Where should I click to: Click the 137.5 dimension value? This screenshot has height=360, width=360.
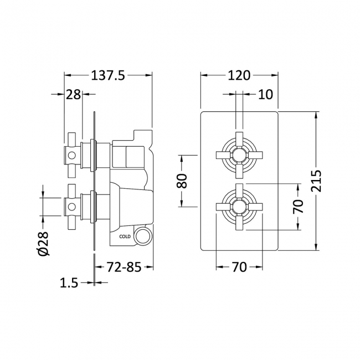click(109, 75)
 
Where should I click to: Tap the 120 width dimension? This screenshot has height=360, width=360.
click(239, 75)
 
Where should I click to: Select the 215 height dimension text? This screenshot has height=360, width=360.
click(316, 181)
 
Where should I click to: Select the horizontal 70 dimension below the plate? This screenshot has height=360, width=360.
click(239, 268)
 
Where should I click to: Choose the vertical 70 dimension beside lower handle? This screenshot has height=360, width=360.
click(299, 206)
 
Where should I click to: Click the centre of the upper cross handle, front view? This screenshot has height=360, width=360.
click(239, 155)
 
